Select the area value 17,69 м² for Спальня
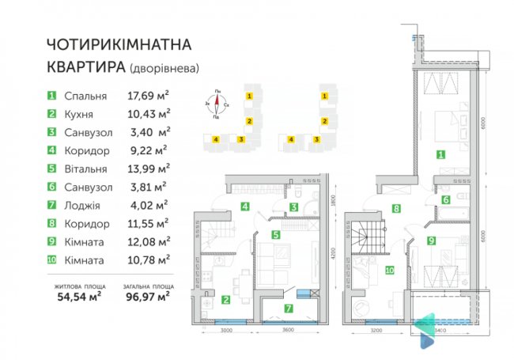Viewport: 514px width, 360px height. (148, 96)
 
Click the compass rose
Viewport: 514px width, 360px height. (217, 104)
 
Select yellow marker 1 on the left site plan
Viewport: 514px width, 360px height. (249, 96)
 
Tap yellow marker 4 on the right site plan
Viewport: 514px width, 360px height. (292, 139)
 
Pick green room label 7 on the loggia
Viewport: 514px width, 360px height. (289, 308)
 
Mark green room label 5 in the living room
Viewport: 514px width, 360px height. (275, 234)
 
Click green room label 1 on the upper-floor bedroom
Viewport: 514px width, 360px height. (440, 155)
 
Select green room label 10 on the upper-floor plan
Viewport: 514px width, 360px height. (390, 270)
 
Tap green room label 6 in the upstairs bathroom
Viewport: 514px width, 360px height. (446, 201)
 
